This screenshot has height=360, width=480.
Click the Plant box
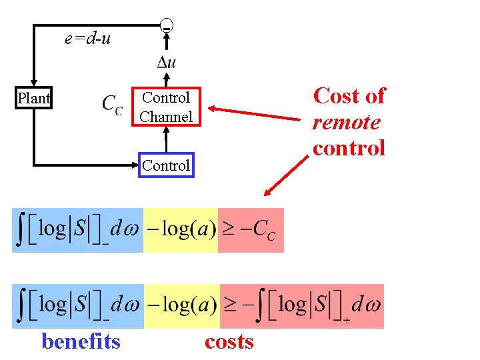coord(33,99)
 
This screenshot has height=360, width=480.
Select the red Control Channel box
coord(165,107)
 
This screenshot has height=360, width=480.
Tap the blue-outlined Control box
coord(165,165)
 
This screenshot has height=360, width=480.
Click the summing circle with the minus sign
coord(167,27)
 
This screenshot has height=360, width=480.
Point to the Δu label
coord(166,63)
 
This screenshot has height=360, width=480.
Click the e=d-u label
coord(87,39)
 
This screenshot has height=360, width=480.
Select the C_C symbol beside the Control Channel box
coord(112,105)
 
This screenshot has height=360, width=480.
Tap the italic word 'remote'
coord(346,123)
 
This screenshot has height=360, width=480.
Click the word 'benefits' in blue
coord(81,341)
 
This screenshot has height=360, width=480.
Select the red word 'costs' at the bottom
coord(229,341)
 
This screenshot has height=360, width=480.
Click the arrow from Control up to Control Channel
coord(166,140)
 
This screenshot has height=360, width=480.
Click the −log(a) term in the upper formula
coord(181,230)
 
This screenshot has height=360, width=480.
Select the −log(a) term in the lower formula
coord(181,306)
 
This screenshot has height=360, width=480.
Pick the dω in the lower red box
coord(365,306)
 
